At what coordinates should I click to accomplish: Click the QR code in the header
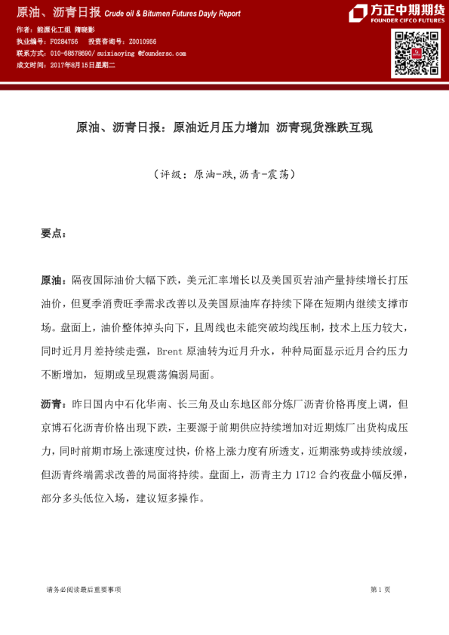click(x=415, y=54)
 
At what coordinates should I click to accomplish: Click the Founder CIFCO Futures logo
click(x=396, y=14)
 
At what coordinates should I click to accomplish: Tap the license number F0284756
click(x=63, y=41)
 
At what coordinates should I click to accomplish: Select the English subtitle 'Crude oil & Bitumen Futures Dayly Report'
click(x=172, y=14)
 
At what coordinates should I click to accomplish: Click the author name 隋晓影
click(x=84, y=29)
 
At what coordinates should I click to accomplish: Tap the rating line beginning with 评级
click(x=223, y=173)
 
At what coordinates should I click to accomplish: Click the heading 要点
click(x=53, y=233)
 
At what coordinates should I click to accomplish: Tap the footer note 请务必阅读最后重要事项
click(x=83, y=590)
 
